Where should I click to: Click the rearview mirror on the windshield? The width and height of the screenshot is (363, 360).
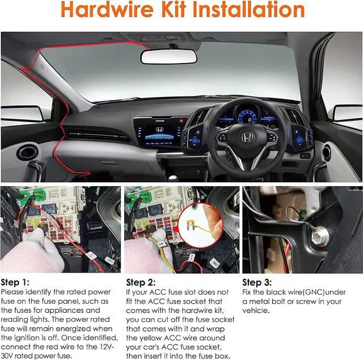pos(169,56)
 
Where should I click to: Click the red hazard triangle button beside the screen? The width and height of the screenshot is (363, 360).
pos(181,121)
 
